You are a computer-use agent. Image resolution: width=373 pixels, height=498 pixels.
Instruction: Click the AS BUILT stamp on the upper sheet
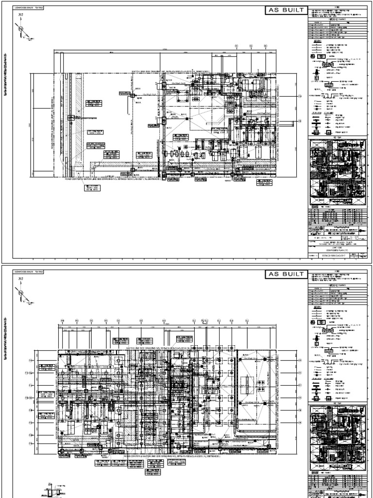(286, 11)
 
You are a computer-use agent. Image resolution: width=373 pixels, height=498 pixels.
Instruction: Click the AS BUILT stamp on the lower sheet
(286, 275)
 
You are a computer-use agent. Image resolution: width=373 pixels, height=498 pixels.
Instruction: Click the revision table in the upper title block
(335, 215)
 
